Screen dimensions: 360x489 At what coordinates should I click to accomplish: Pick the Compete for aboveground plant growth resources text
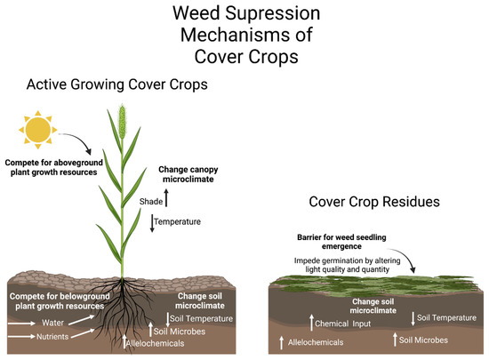(58, 168)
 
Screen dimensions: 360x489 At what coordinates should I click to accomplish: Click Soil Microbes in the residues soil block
(421, 340)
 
